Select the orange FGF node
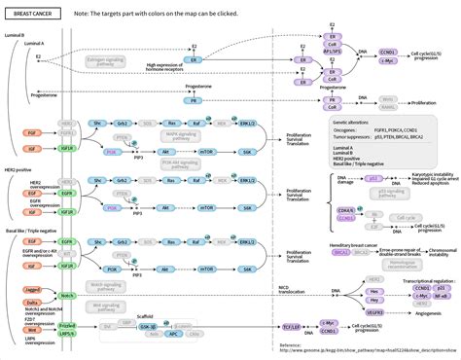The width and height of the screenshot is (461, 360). [33, 128]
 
